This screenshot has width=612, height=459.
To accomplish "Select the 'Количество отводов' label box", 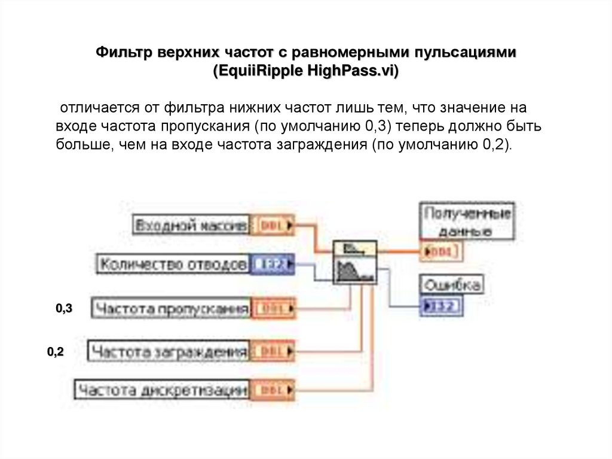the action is click(x=172, y=263).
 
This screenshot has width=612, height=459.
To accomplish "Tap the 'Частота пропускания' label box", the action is click(x=171, y=309).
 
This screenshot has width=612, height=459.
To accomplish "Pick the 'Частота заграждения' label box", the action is click(x=169, y=351).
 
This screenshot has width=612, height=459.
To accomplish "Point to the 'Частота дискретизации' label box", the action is click(x=163, y=391).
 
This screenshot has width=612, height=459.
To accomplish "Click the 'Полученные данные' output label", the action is click(x=467, y=221).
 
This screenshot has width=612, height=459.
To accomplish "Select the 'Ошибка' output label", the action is click(x=451, y=285).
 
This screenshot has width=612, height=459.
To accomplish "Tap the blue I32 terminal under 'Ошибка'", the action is click(x=442, y=307).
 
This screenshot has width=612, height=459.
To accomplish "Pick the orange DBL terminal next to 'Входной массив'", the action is click(x=273, y=226).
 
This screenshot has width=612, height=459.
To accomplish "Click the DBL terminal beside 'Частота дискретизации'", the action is click(x=273, y=391).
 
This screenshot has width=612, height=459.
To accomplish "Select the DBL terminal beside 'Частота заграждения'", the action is click(x=273, y=351).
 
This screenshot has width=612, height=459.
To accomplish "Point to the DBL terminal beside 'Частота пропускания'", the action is click(x=273, y=309).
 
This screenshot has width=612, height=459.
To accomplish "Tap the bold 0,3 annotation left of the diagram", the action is click(x=64, y=309).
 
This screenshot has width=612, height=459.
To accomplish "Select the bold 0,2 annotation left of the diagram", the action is click(x=56, y=352).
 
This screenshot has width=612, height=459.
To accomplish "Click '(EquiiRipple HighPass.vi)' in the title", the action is click(x=305, y=70).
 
